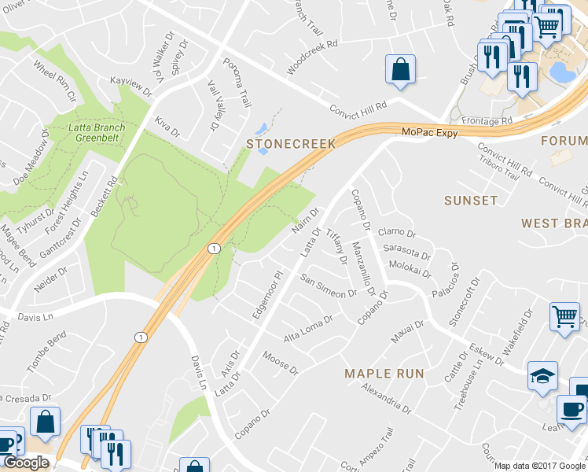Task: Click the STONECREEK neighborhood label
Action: tap(291, 144)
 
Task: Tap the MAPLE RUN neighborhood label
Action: tap(384, 374)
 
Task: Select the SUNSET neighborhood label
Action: tap(471, 201)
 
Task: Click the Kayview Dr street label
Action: tap(130, 87)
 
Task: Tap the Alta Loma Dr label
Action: tap(309, 326)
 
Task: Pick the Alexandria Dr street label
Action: tap(386, 399)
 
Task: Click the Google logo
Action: tap(26, 463)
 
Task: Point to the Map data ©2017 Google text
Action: tap(539, 466)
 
